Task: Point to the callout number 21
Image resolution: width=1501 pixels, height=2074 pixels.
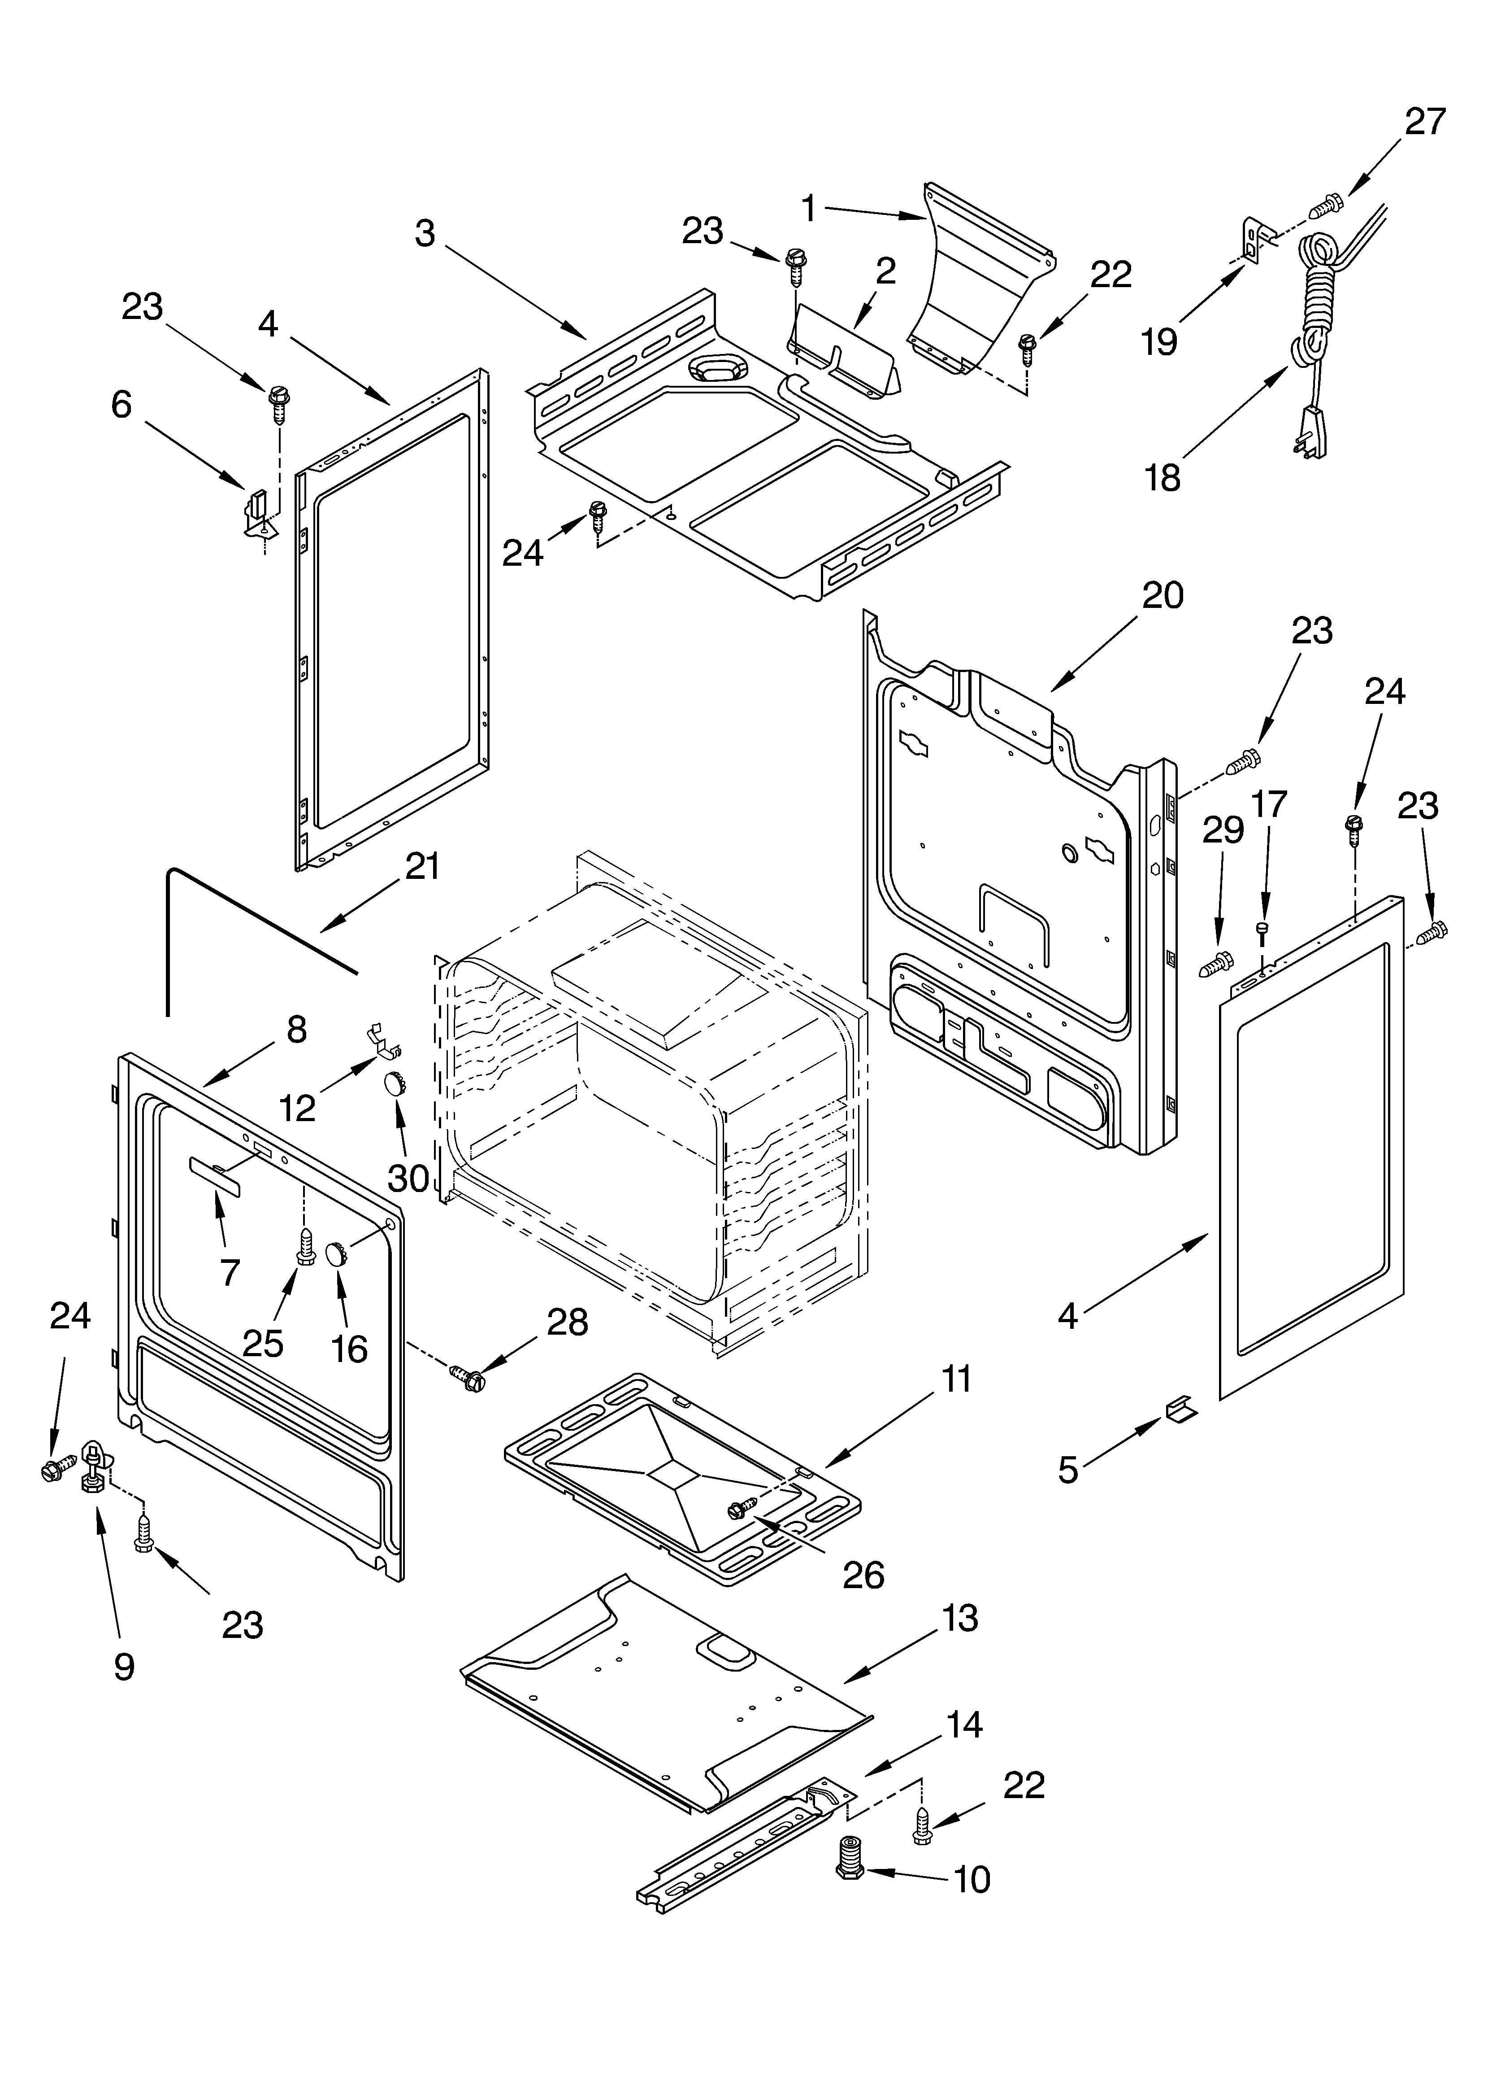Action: (x=422, y=866)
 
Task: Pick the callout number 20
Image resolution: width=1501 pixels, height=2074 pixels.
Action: (x=1163, y=595)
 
